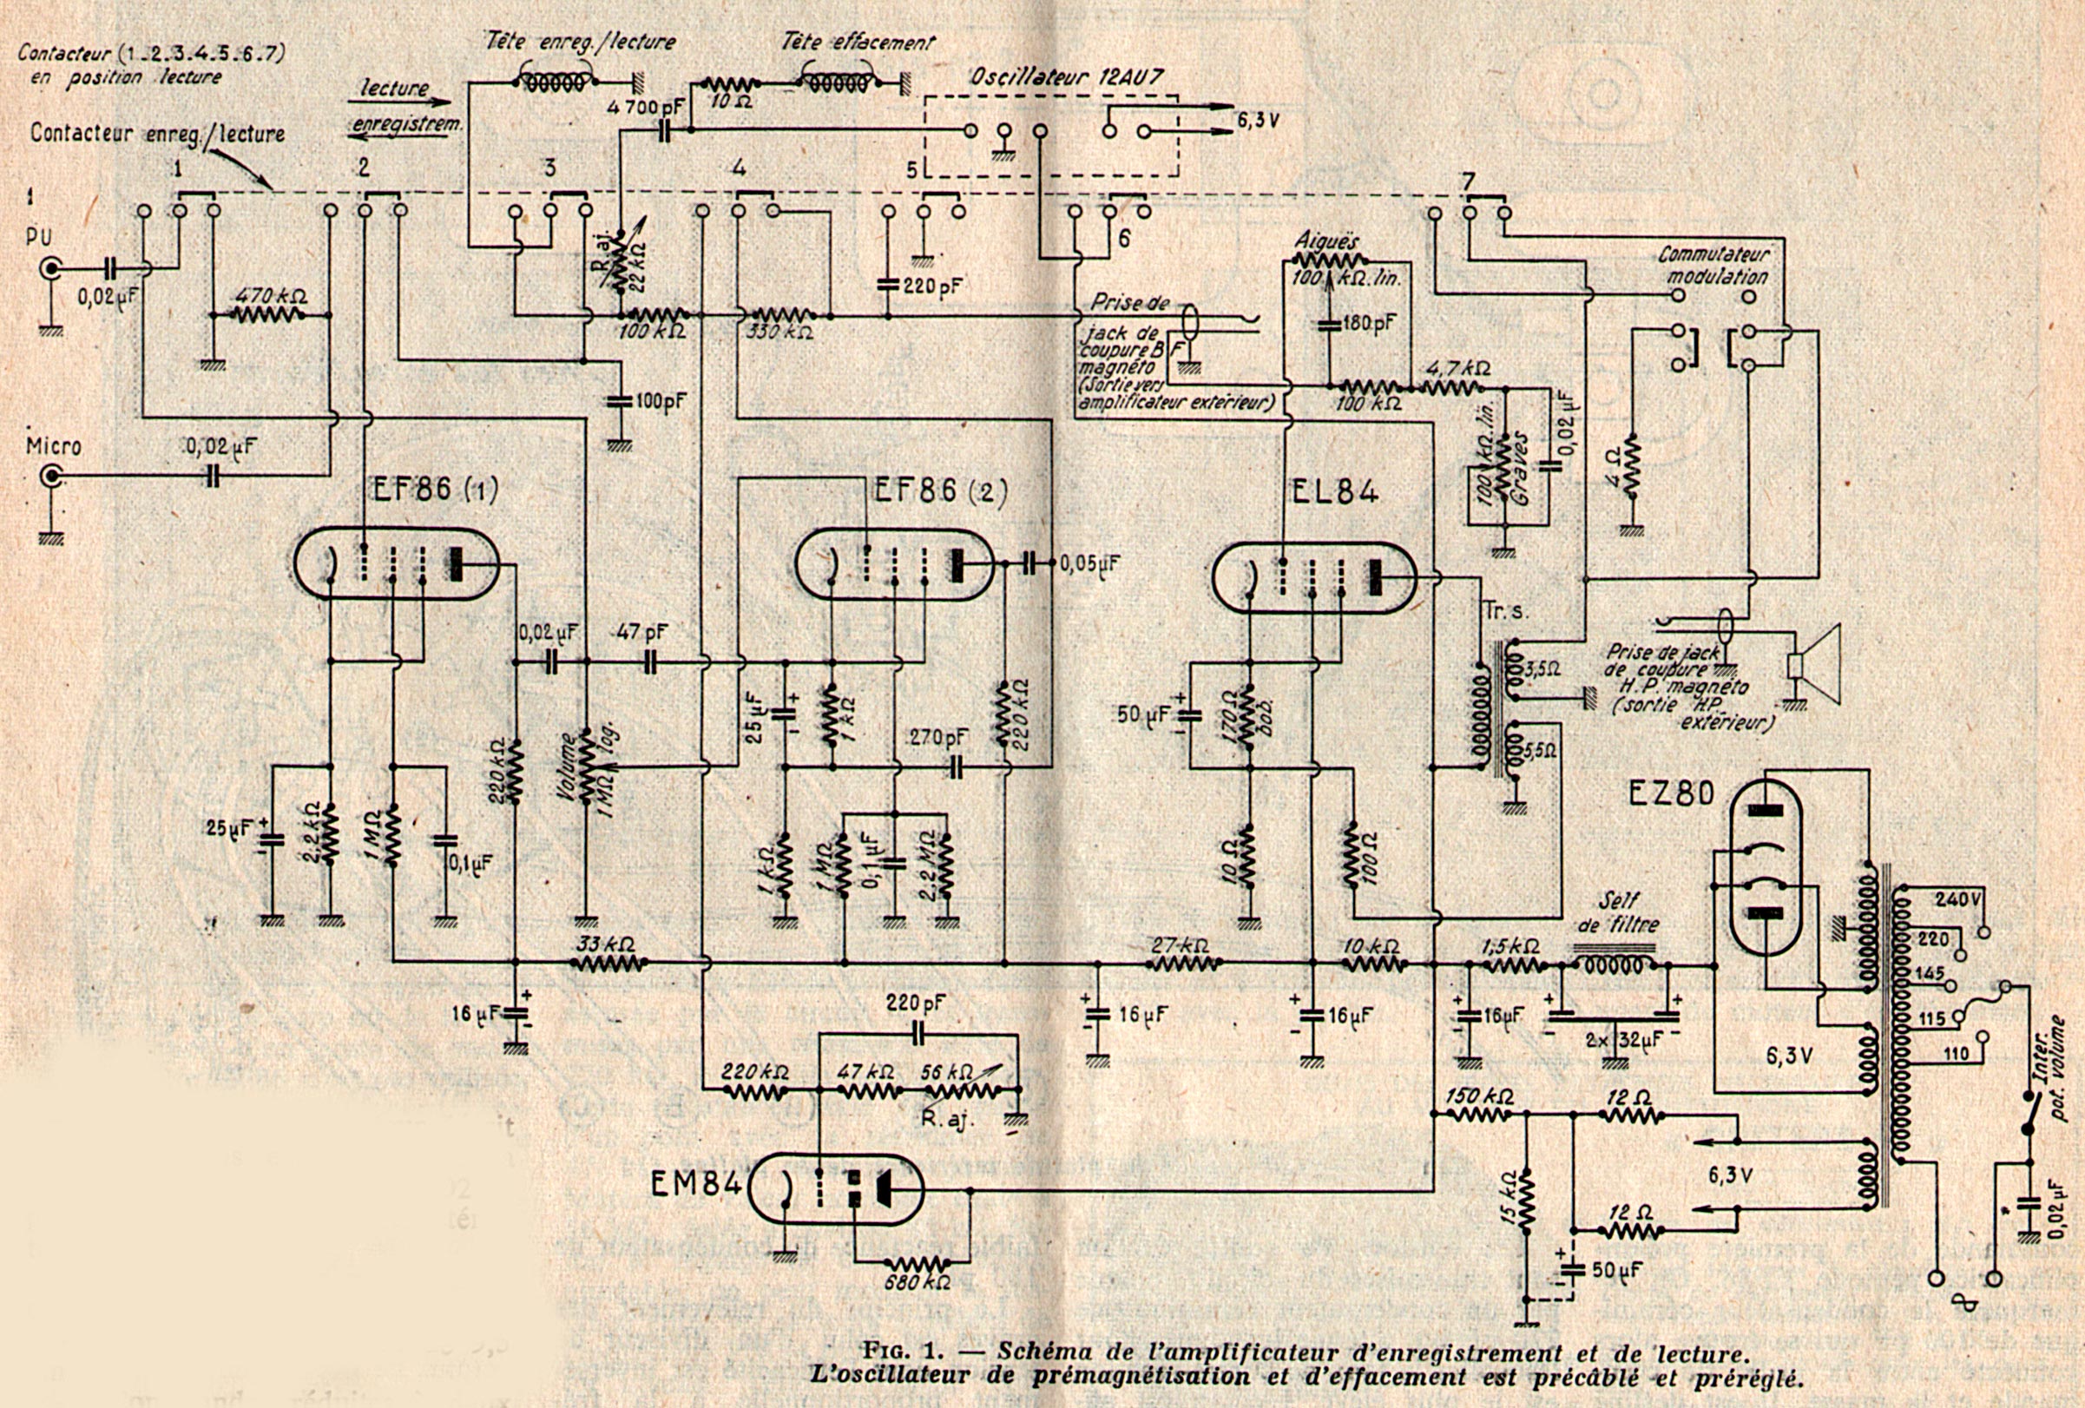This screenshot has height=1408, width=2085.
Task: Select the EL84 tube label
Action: coord(1335,493)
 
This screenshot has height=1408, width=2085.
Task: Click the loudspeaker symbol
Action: coord(1814,666)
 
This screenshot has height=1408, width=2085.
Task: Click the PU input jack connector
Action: coord(50,268)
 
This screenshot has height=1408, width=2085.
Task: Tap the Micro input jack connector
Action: coord(50,477)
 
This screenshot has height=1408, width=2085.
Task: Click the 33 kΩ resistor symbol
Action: coord(610,964)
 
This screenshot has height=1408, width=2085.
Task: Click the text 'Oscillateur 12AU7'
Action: coord(1066,78)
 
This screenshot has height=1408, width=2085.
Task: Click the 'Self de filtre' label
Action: coord(1621,912)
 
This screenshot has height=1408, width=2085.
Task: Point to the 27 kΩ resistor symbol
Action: coord(1184,964)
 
